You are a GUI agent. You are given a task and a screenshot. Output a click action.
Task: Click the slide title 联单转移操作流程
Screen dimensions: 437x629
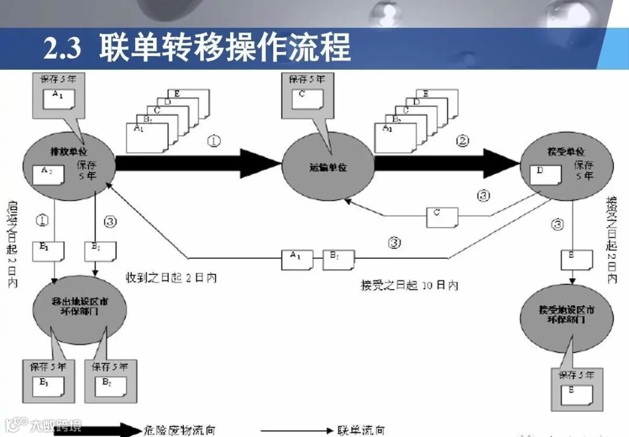[224, 48]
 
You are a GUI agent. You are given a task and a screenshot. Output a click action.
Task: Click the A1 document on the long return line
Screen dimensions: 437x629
[295, 259]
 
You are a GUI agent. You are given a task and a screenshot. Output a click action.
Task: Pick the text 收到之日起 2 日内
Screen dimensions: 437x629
[171, 278]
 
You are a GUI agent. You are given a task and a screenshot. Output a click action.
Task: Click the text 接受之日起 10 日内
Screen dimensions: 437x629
[409, 286]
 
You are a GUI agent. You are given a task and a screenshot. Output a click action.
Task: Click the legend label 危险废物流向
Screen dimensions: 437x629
[179, 431]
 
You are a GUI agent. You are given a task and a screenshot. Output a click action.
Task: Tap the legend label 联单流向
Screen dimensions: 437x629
[361, 431]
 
